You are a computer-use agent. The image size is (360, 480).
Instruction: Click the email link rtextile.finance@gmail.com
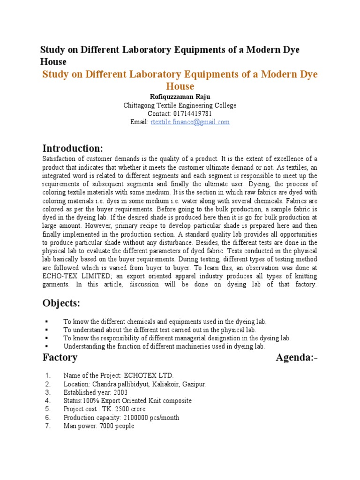(190, 122)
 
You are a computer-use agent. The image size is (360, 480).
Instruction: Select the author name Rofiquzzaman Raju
(180, 97)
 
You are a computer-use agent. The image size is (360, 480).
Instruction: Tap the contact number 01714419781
(193, 114)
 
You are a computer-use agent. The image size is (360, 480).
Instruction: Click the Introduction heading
(73, 149)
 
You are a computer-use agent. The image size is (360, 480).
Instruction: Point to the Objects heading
(61, 303)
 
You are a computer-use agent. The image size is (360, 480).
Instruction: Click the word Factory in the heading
(60, 358)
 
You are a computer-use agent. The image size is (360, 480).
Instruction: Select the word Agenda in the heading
(294, 358)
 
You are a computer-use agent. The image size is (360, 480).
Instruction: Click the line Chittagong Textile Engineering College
(180, 105)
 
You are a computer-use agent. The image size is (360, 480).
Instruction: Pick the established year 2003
(120, 392)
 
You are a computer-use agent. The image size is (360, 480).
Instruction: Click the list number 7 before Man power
(47, 426)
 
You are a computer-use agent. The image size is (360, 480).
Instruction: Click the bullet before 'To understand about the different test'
(47, 330)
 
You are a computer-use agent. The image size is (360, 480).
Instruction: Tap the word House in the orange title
(180, 86)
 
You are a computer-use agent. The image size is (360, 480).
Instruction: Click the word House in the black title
(53, 61)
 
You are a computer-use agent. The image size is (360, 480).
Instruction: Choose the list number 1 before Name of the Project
(47, 375)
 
